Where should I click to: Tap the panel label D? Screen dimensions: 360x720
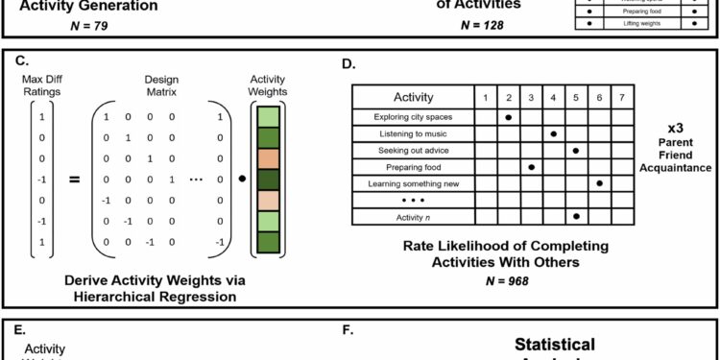(348, 65)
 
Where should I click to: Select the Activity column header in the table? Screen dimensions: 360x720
(414, 97)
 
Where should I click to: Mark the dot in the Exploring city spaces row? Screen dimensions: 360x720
(507, 116)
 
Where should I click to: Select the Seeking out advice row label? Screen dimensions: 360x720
(414, 150)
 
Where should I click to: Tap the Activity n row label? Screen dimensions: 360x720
(414, 217)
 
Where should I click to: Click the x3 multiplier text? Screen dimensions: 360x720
(676, 127)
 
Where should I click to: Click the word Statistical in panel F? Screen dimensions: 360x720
(554, 344)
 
